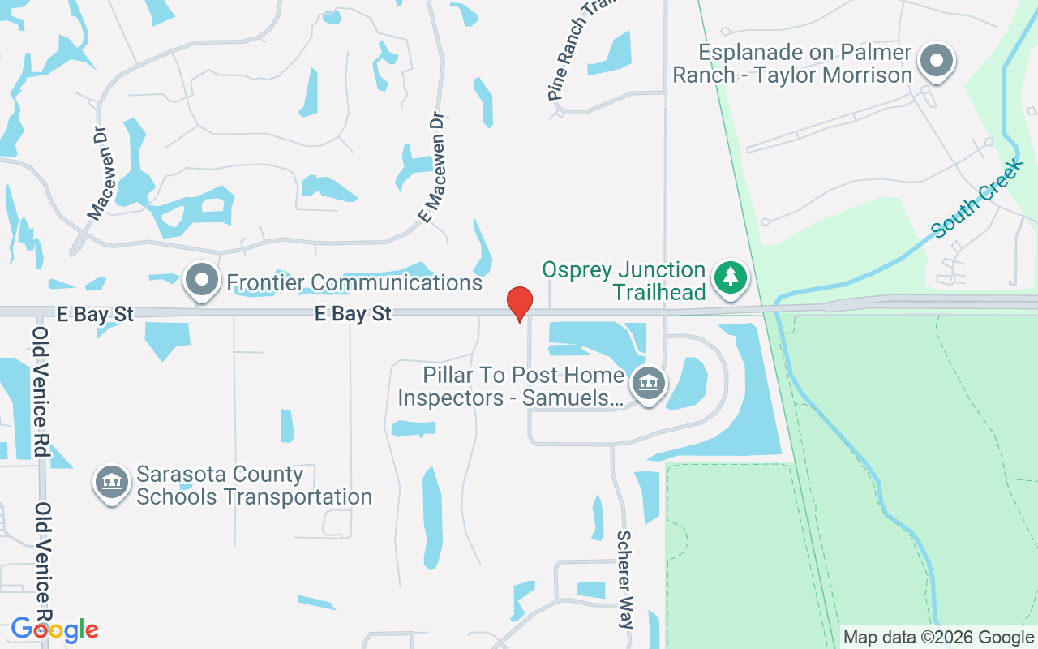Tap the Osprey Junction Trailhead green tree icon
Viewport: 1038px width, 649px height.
pyautogui.click(x=731, y=277)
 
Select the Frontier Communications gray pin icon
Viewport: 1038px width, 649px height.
pyautogui.click(x=202, y=280)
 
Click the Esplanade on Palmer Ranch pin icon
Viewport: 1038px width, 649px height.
pyautogui.click(x=937, y=60)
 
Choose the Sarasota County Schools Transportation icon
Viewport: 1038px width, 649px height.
pyautogui.click(x=112, y=482)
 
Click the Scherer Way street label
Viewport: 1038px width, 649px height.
pyautogui.click(x=625, y=579)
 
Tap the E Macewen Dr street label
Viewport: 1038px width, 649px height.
pyautogui.click(x=433, y=168)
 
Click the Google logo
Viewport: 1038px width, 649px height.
pyautogui.click(x=54, y=629)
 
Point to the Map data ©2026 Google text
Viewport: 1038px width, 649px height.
pyautogui.click(x=938, y=638)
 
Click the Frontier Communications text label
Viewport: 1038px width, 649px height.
pyautogui.click(x=354, y=282)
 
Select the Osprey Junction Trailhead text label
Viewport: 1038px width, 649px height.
pyautogui.click(x=624, y=281)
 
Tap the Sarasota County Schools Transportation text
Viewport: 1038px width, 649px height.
pyautogui.click(x=253, y=485)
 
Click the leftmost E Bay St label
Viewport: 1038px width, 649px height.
pyautogui.click(x=95, y=314)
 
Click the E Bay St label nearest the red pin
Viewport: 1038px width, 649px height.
pyautogui.click(x=354, y=313)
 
